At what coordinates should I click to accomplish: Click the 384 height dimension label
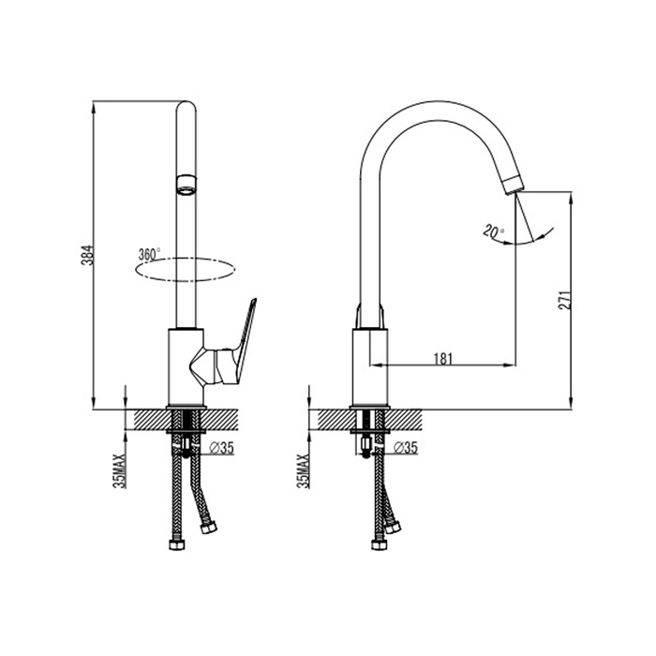(87, 255)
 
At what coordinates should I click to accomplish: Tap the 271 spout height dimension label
(565, 300)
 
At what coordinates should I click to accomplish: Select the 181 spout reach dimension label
(443, 359)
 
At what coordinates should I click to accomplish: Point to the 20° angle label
(493, 231)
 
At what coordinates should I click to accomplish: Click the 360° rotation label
(149, 254)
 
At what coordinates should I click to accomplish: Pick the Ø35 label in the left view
(221, 448)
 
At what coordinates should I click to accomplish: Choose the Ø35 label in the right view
(405, 448)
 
